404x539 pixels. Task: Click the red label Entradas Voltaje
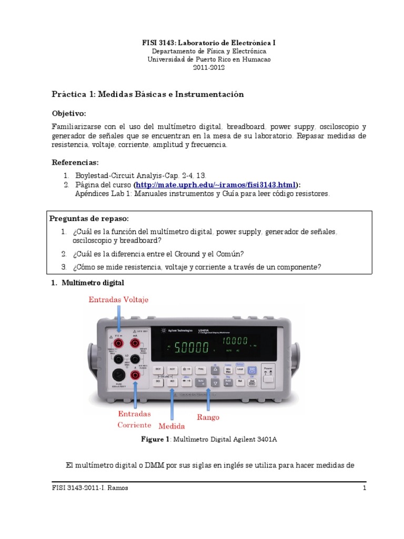click(x=118, y=300)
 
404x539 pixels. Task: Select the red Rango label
click(x=208, y=417)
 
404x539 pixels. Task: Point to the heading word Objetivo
click(x=68, y=114)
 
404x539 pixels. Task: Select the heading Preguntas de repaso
click(x=89, y=218)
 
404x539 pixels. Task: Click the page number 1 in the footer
click(x=363, y=488)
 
